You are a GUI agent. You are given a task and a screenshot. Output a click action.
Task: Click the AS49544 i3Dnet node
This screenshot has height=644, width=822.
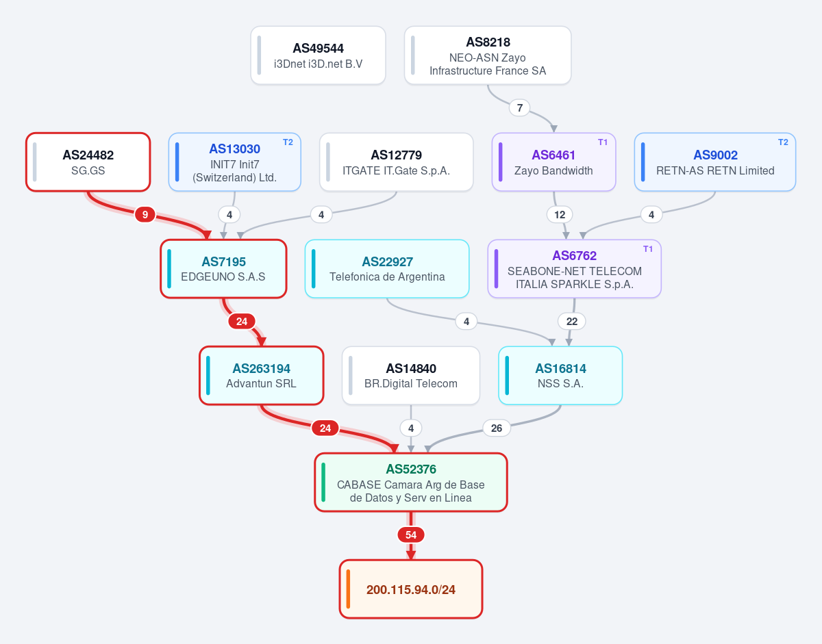tap(318, 55)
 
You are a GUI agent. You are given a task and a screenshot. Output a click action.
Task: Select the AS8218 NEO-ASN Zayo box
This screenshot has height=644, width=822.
tap(488, 55)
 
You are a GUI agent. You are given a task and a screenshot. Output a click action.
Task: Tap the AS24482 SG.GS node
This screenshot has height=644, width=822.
tap(88, 162)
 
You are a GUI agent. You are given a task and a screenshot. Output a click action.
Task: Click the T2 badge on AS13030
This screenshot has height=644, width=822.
tap(288, 142)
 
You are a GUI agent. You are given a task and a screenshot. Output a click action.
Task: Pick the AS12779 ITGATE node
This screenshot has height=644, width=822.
tap(396, 162)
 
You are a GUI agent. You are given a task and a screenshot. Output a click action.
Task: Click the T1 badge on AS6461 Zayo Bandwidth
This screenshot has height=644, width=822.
tap(603, 142)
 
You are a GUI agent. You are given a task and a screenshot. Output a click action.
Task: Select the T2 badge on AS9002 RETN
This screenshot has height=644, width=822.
tap(783, 142)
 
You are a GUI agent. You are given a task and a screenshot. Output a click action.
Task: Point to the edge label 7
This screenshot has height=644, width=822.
tap(520, 108)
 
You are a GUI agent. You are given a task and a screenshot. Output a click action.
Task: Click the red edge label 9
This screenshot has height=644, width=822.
tap(145, 215)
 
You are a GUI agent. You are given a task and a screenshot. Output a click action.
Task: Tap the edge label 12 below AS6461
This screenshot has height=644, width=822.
tap(560, 215)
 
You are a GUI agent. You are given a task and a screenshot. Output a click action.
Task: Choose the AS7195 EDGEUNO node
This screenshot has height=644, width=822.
tap(223, 269)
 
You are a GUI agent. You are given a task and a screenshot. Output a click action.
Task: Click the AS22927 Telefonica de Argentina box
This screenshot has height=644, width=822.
tap(387, 269)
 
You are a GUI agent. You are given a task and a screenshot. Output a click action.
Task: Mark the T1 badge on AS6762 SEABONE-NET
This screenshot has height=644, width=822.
tap(648, 249)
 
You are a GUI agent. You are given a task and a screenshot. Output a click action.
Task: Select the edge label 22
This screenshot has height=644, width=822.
tap(571, 322)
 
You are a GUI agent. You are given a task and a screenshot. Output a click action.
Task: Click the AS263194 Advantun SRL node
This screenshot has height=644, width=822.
tap(262, 376)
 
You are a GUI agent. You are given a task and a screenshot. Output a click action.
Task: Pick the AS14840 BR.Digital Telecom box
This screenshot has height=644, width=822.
tap(411, 376)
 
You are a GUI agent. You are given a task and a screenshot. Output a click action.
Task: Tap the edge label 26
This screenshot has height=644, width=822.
tap(497, 428)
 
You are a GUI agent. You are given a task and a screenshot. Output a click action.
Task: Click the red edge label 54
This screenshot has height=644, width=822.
tap(411, 535)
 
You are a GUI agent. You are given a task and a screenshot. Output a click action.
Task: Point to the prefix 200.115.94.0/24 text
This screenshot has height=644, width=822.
tap(411, 589)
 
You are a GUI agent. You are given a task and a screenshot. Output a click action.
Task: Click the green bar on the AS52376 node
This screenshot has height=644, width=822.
tap(323, 482)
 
